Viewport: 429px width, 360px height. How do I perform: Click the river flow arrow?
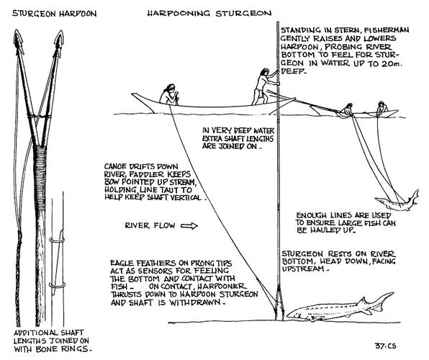(x=189, y=226)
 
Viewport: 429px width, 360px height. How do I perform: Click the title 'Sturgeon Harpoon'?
(x=54, y=14)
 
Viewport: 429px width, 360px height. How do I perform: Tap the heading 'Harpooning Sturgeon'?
(x=209, y=13)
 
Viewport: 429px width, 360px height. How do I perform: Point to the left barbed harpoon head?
(x=19, y=41)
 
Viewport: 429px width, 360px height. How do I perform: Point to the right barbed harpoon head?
(x=58, y=42)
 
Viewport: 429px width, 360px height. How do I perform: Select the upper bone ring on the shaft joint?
(x=57, y=240)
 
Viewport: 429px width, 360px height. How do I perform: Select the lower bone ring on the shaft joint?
(x=57, y=285)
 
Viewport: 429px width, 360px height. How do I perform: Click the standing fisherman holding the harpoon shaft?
(x=263, y=86)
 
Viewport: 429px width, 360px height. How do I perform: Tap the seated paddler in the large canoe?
(x=169, y=94)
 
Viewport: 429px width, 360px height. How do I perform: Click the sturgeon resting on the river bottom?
(x=339, y=308)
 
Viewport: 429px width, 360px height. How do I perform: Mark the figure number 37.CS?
(x=386, y=346)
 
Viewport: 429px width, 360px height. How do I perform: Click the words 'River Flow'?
(x=150, y=225)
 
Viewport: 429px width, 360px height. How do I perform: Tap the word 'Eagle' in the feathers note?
(x=122, y=264)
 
